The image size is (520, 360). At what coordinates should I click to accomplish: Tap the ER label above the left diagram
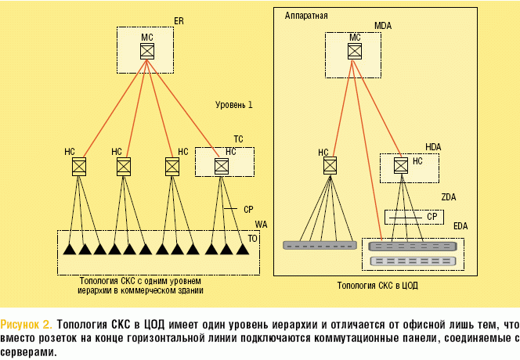point(178,21)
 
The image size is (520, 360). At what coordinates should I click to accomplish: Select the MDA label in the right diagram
point(382,26)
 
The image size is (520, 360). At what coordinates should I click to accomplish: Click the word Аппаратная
point(307,15)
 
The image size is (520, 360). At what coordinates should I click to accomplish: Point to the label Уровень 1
point(234,104)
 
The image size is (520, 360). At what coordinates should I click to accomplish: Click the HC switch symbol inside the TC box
point(222,166)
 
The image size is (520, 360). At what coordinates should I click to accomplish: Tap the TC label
point(238,139)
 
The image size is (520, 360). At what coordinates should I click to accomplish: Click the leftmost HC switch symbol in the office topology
point(78,166)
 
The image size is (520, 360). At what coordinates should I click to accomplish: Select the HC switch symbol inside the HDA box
point(400,165)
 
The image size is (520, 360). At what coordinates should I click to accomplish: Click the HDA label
point(433,146)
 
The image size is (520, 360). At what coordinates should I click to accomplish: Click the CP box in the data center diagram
point(413,216)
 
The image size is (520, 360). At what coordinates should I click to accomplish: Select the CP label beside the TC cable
point(248,210)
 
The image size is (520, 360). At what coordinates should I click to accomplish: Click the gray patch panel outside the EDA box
point(320,245)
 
